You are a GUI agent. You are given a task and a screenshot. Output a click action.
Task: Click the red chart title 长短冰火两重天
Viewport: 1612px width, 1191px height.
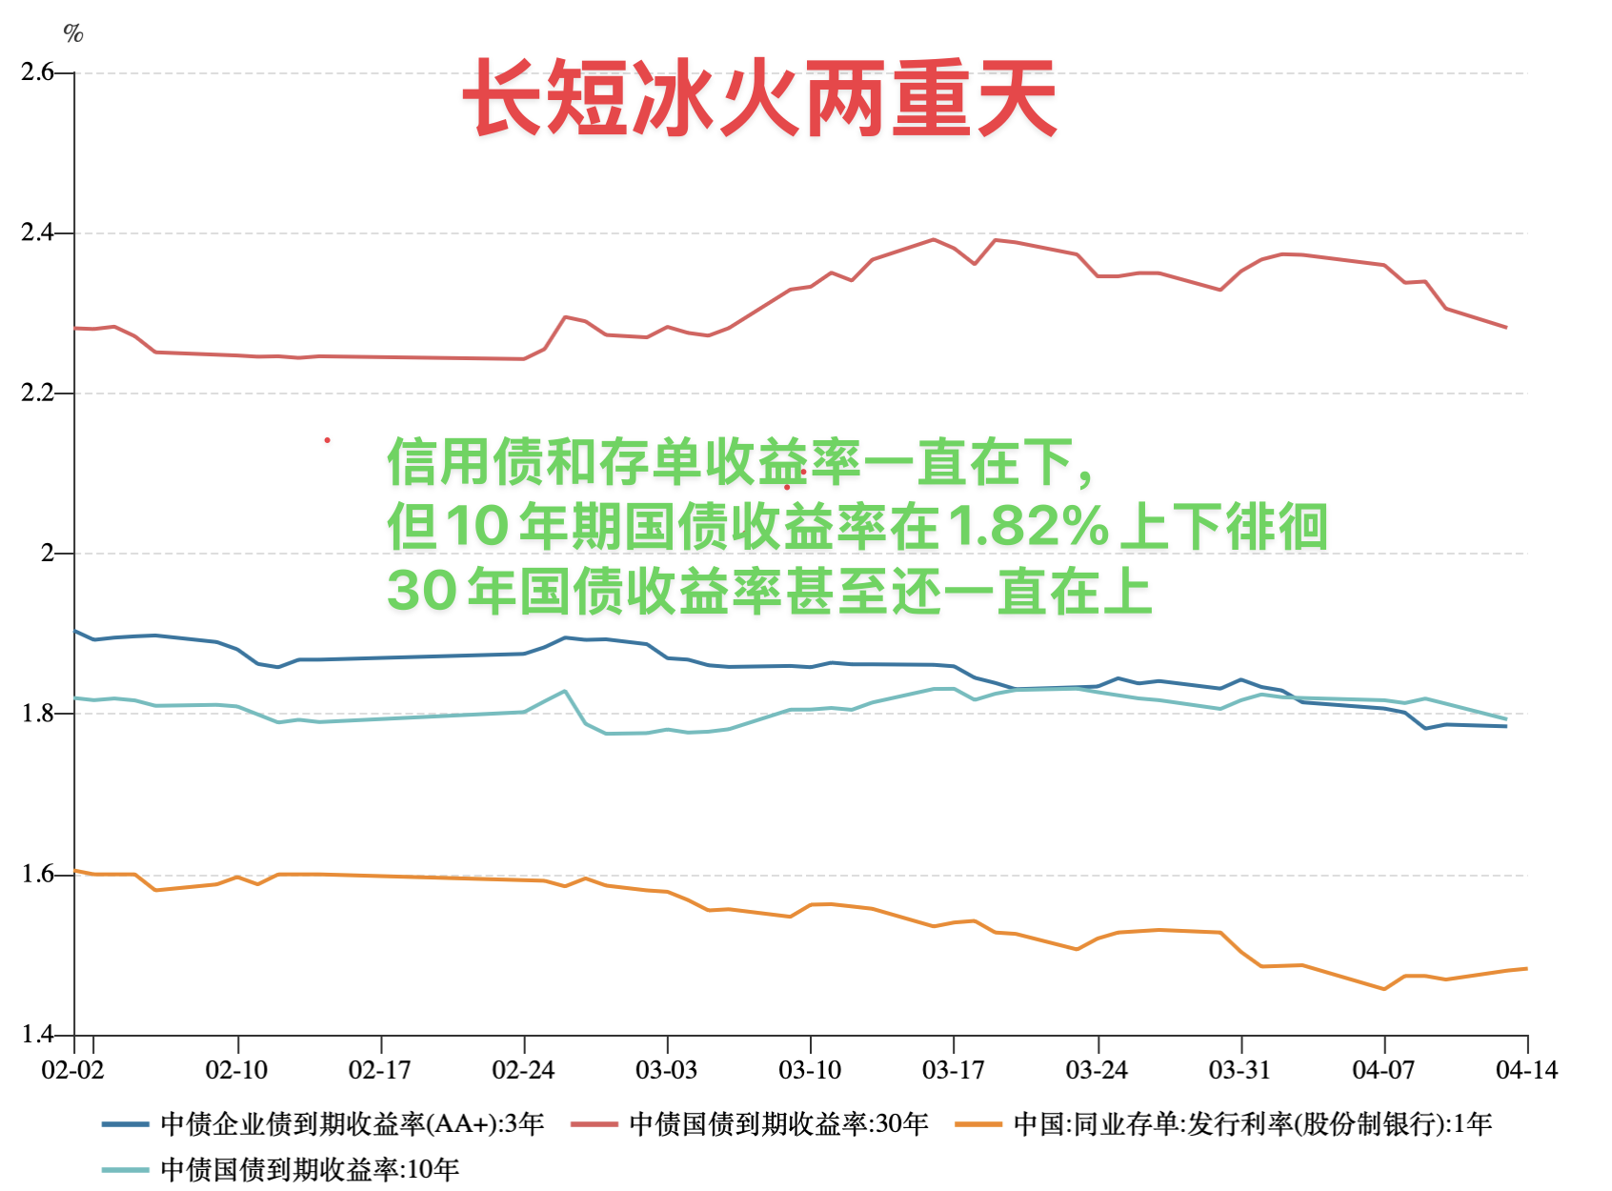[760, 98]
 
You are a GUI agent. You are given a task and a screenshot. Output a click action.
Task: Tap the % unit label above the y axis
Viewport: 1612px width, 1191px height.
[73, 34]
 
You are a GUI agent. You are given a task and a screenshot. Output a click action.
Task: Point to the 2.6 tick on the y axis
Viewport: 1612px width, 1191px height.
[37, 72]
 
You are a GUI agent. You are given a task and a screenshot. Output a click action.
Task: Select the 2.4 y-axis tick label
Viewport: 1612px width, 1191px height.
[37, 232]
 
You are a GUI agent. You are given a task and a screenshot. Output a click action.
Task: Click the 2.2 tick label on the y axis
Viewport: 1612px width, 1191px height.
[37, 394]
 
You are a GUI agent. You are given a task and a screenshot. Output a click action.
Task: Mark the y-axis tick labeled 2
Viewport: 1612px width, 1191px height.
[47, 554]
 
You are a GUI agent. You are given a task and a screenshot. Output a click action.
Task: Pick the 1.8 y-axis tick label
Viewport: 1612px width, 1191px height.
[37, 714]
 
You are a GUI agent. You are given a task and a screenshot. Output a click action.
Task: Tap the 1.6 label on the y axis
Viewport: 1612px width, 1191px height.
[37, 875]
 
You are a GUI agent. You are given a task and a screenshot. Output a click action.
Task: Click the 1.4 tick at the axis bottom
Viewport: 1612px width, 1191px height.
[37, 1035]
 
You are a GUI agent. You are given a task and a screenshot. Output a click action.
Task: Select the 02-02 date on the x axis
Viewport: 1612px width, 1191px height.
[72, 1070]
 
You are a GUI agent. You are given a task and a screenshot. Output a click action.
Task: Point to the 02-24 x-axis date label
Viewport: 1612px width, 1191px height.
[523, 1070]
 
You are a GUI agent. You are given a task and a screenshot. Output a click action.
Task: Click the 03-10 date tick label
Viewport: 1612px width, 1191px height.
[810, 1070]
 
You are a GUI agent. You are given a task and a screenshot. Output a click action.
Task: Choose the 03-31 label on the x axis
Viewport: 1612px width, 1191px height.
[1239, 1070]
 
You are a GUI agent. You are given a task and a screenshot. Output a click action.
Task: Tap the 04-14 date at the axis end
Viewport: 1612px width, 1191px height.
[1526, 1070]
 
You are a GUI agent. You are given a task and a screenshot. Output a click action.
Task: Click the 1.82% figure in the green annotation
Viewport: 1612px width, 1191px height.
[1029, 526]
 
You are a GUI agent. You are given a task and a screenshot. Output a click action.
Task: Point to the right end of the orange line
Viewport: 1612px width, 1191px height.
[1526, 969]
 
